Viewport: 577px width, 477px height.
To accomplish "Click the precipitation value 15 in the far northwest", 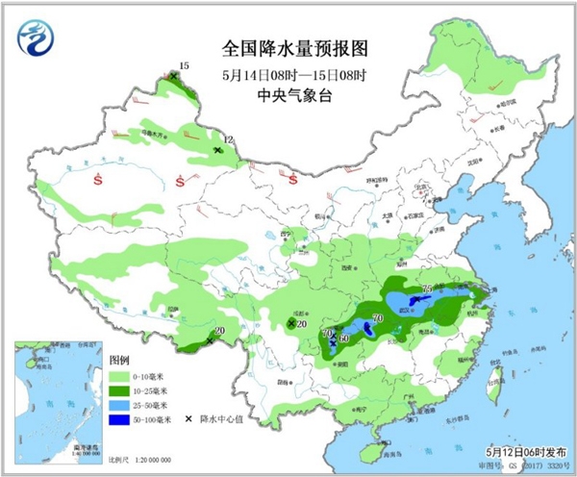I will pos(185,65).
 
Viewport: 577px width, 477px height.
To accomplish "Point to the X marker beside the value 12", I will pos(218,150).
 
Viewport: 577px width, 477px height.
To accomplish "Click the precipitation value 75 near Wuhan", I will pos(427,289).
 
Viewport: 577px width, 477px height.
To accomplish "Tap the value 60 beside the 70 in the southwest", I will pos(343,338).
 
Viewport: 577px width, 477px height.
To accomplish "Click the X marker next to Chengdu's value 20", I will pos(290,324).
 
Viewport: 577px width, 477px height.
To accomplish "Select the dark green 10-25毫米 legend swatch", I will pos(121,391).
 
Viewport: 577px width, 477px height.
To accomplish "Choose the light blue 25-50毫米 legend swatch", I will pos(121,406).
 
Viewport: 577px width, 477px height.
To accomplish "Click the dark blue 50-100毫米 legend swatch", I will pos(121,420).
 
